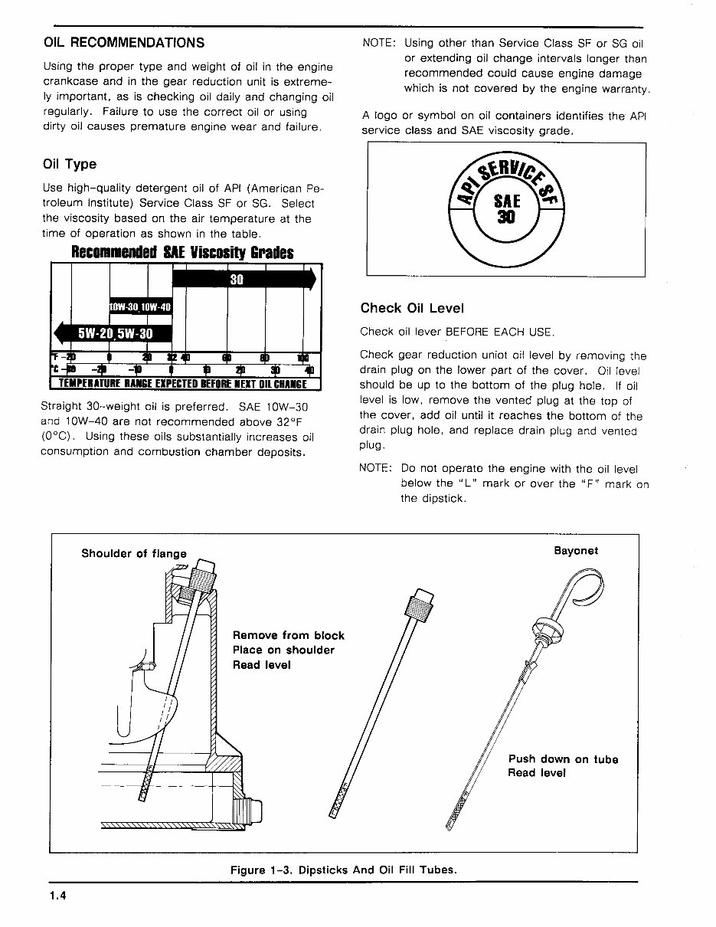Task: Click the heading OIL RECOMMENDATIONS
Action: [x=124, y=43]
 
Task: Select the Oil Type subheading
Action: [x=70, y=165]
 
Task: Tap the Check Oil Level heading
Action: [x=412, y=308]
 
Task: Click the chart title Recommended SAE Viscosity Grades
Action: [x=182, y=252]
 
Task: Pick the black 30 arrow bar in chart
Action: [x=244, y=280]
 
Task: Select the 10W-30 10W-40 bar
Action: [x=141, y=307]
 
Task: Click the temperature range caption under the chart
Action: [x=183, y=384]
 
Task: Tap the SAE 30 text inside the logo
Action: [x=506, y=208]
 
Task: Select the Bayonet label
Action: [x=576, y=551]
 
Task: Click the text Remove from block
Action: [x=288, y=635]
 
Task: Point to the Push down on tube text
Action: [x=563, y=759]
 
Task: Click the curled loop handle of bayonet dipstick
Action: [x=580, y=594]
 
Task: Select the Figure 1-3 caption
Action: [x=343, y=870]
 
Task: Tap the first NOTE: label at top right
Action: [x=378, y=44]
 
